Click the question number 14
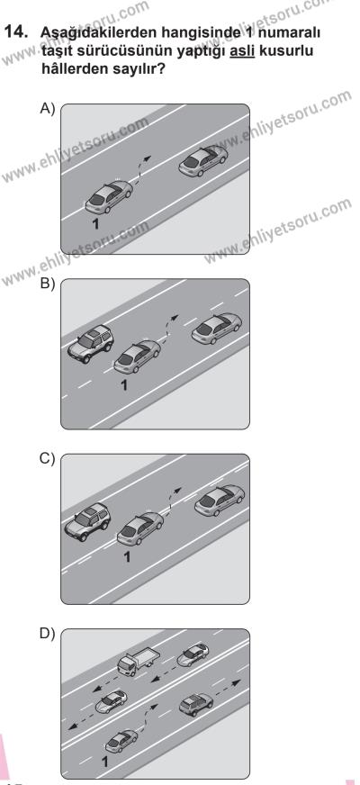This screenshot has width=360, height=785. tap(15, 32)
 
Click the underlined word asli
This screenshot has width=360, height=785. tap(242, 51)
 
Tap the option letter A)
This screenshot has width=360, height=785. tap(47, 109)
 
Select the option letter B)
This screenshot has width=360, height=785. tap(47, 284)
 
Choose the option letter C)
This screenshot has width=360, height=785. tap(47, 458)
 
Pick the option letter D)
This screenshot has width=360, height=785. tap(47, 633)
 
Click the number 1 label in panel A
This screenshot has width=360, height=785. tap(95, 223)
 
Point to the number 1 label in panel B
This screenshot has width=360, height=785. tap(125, 384)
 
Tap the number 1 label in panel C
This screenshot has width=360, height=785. tap(127, 556)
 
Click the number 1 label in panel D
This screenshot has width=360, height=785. tap(104, 762)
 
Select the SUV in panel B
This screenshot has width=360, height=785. tap(90, 344)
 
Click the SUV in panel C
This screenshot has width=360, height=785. tap(87, 521)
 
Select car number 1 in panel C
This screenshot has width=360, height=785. tap(140, 528)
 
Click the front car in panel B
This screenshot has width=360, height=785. tap(216, 329)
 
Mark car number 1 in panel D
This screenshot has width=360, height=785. tap(121, 741)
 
